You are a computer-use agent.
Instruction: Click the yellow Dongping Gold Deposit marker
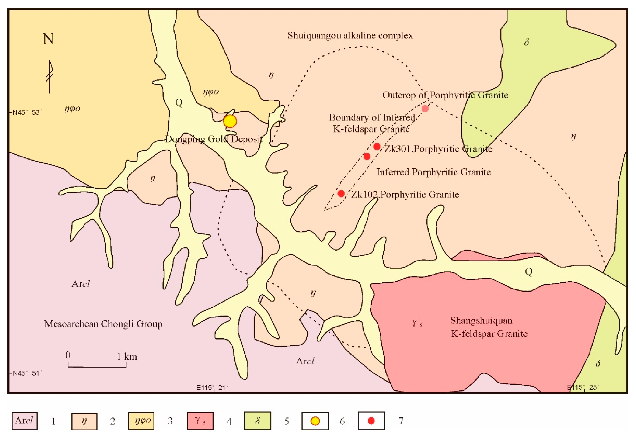(x=230, y=121)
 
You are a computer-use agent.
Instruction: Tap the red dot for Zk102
(x=341, y=194)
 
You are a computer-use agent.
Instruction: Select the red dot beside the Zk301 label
(x=377, y=147)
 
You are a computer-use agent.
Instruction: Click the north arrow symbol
(x=50, y=77)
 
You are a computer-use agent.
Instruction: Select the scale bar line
(x=97, y=366)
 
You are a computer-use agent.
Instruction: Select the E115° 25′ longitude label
(x=583, y=388)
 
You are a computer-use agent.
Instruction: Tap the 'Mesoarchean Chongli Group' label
(x=103, y=324)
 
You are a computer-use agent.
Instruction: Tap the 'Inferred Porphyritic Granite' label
(x=433, y=172)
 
